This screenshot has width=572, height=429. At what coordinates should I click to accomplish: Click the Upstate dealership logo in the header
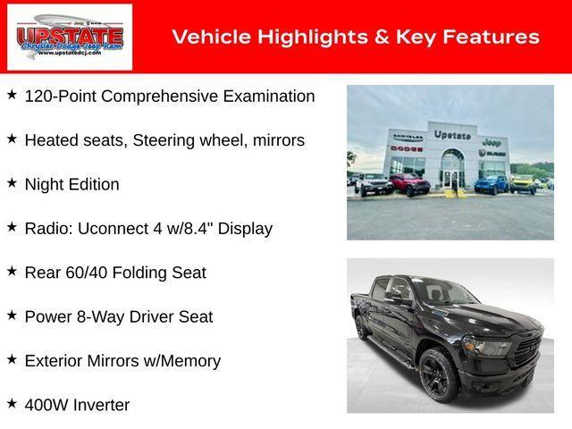pyautogui.click(x=70, y=37)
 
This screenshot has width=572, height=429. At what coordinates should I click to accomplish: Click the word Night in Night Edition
pyautogui.click(x=45, y=184)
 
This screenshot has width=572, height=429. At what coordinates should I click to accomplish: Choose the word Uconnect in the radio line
pyautogui.click(x=114, y=228)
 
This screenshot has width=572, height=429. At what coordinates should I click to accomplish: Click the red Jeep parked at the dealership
pyautogui.click(x=410, y=184)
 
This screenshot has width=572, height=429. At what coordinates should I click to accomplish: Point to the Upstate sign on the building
pyautogui.click(x=451, y=135)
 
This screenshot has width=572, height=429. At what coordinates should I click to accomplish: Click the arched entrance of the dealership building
pyautogui.click(x=453, y=165)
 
